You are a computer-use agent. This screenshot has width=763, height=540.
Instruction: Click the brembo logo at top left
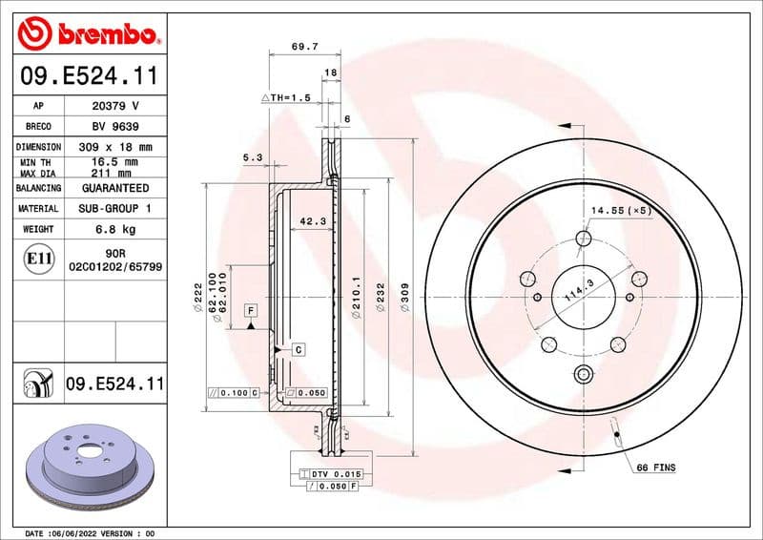pyautogui.click(x=88, y=35)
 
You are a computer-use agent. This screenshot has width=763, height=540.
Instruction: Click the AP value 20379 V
pyautogui.click(x=114, y=106)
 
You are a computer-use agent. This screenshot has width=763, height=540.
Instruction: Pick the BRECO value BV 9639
pyautogui.click(x=114, y=126)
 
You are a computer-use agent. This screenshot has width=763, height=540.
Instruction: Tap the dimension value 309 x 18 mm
pyautogui.click(x=114, y=147)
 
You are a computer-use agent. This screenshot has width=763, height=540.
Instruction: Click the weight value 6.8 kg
pyautogui.click(x=114, y=229)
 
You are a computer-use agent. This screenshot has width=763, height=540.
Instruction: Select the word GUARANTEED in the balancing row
pyautogui.click(x=114, y=188)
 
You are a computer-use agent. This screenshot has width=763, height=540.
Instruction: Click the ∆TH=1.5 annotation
pyautogui.click(x=286, y=98)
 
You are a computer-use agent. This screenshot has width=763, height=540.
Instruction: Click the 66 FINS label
pyautogui.click(x=654, y=468)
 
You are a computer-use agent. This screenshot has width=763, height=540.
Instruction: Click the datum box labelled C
pyautogui.click(x=299, y=350)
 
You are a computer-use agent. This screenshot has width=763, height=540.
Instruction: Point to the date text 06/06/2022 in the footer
pyautogui.click(x=81, y=532)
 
